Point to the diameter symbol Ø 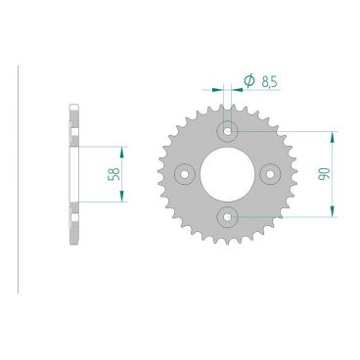248,79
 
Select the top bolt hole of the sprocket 228,129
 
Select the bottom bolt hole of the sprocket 228,216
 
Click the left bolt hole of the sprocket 184,173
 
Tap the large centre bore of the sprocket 228,173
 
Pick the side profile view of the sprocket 73,173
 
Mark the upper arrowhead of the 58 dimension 122,151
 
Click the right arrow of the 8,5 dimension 237,90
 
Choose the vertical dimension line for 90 335,173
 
